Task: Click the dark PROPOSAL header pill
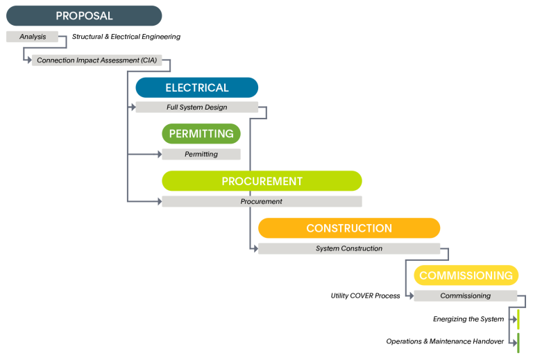(x=84, y=16)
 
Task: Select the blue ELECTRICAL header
(x=196, y=87)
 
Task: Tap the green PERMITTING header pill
(x=201, y=133)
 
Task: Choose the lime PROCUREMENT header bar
(x=262, y=181)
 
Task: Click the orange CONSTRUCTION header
(x=348, y=228)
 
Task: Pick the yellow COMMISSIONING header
(x=466, y=275)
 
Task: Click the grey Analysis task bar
(x=32, y=37)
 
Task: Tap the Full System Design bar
(x=196, y=108)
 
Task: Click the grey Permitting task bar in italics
(x=201, y=154)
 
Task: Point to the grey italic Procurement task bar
(x=262, y=201)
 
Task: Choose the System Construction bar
(x=348, y=248)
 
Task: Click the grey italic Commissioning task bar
(x=465, y=295)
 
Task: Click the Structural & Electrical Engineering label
(x=126, y=37)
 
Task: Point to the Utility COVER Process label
(x=365, y=296)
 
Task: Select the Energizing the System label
(x=468, y=319)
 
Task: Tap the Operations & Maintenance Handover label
(x=445, y=341)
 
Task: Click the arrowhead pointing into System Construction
(x=255, y=248)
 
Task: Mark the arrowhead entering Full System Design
(x=132, y=108)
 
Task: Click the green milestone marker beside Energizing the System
(x=518, y=319)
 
